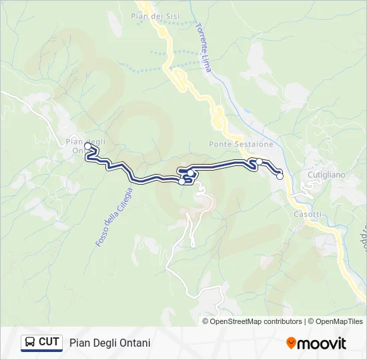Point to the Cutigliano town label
click(x=326, y=175)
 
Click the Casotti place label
click(x=308, y=214)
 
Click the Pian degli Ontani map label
click(x=82, y=145)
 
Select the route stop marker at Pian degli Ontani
click(x=88, y=145)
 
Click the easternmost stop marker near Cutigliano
click(x=280, y=176)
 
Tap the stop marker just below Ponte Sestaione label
click(x=259, y=161)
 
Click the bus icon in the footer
click(x=30, y=343)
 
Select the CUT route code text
click(x=49, y=342)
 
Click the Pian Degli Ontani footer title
click(x=109, y=343)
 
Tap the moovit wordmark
click(x=322, y=343)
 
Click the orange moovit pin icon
click(x=291, y=343)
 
